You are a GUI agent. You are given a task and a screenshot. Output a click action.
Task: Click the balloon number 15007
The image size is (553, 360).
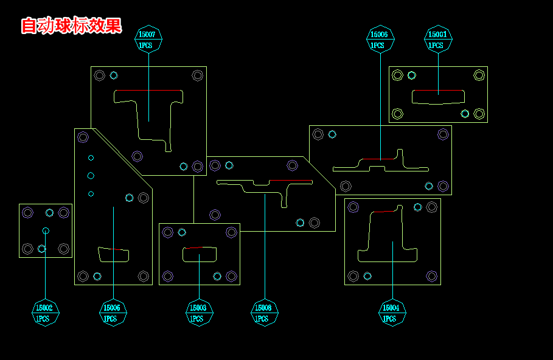148,35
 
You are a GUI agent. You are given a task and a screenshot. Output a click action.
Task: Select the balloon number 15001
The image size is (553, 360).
438,35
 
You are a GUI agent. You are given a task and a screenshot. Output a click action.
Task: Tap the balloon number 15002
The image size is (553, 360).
46,308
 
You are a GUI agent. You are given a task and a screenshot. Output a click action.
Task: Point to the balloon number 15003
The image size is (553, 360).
199,308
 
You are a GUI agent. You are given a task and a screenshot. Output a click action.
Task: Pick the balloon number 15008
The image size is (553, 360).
264,308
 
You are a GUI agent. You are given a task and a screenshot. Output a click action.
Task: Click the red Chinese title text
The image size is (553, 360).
71,26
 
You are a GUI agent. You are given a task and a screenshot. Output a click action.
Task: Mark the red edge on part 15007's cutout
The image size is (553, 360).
148,91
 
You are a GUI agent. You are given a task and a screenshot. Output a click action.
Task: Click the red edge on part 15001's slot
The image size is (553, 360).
438,91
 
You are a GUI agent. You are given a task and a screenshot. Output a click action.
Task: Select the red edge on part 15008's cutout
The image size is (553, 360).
291,181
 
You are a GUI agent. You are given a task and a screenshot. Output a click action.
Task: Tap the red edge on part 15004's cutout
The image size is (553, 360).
383,211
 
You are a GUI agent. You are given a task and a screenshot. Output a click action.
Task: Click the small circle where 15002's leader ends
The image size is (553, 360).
46,230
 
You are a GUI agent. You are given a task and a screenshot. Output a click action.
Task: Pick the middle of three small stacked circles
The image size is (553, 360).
91,176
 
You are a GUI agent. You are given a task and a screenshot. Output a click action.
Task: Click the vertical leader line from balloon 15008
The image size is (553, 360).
265,255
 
